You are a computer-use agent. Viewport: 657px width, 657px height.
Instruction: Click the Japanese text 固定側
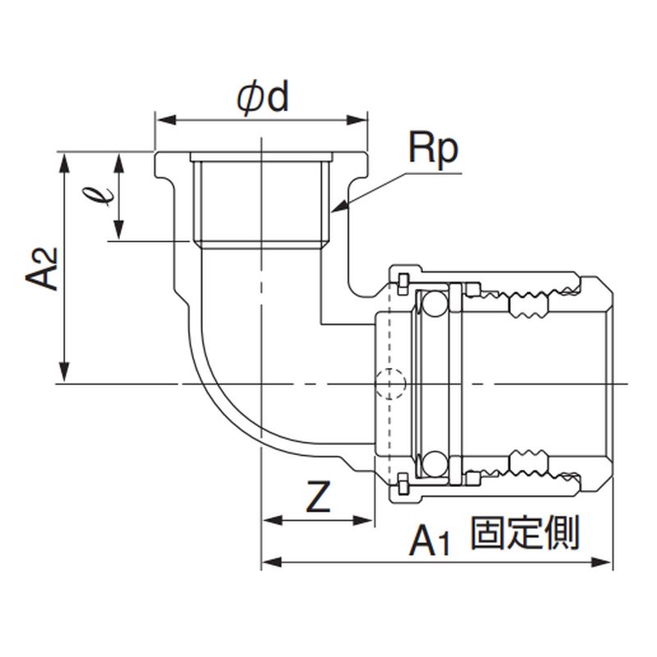526,534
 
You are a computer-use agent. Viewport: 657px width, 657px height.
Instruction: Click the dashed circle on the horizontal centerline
388,384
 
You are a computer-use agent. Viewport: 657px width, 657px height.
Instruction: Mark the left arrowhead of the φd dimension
158,121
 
